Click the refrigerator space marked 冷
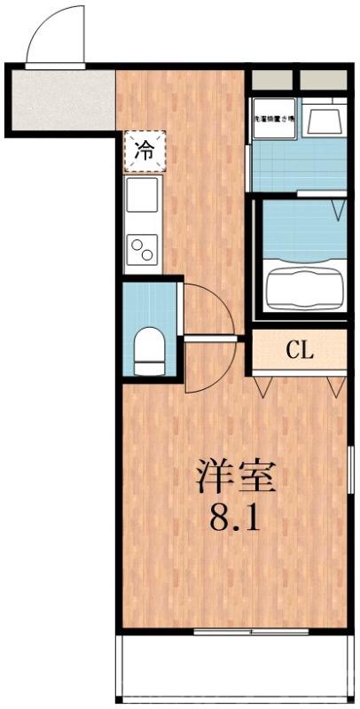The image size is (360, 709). click(x=142, y=150)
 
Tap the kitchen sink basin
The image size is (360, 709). click(x=142, y=195)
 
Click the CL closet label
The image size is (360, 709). click(x=300, y=350)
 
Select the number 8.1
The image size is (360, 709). click(x=235, y=517)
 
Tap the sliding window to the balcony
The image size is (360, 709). click(x=250, y=632)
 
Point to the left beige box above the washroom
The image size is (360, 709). click(x=272, y=80)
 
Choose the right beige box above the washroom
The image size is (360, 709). click(x=323, y=80)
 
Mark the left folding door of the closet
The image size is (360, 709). click(x=263, y=383)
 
